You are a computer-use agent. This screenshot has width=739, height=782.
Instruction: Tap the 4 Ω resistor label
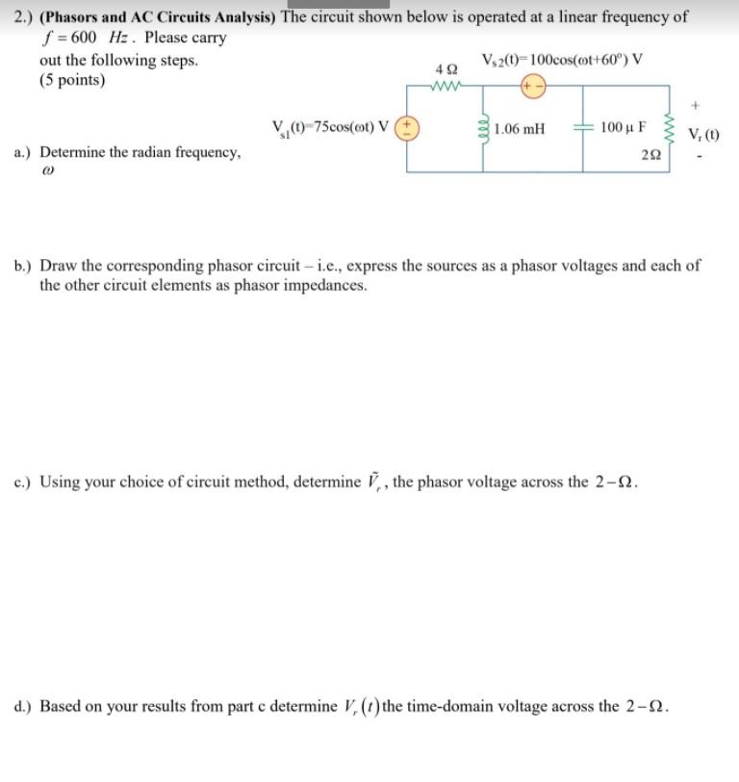[x=446, y=70]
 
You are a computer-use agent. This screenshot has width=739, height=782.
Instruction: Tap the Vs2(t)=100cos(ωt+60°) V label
[x=560, y=60]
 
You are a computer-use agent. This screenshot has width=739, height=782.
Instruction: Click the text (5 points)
[x=73, y=80]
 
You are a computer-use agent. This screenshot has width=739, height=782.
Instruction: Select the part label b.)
[x=24, y=265]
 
